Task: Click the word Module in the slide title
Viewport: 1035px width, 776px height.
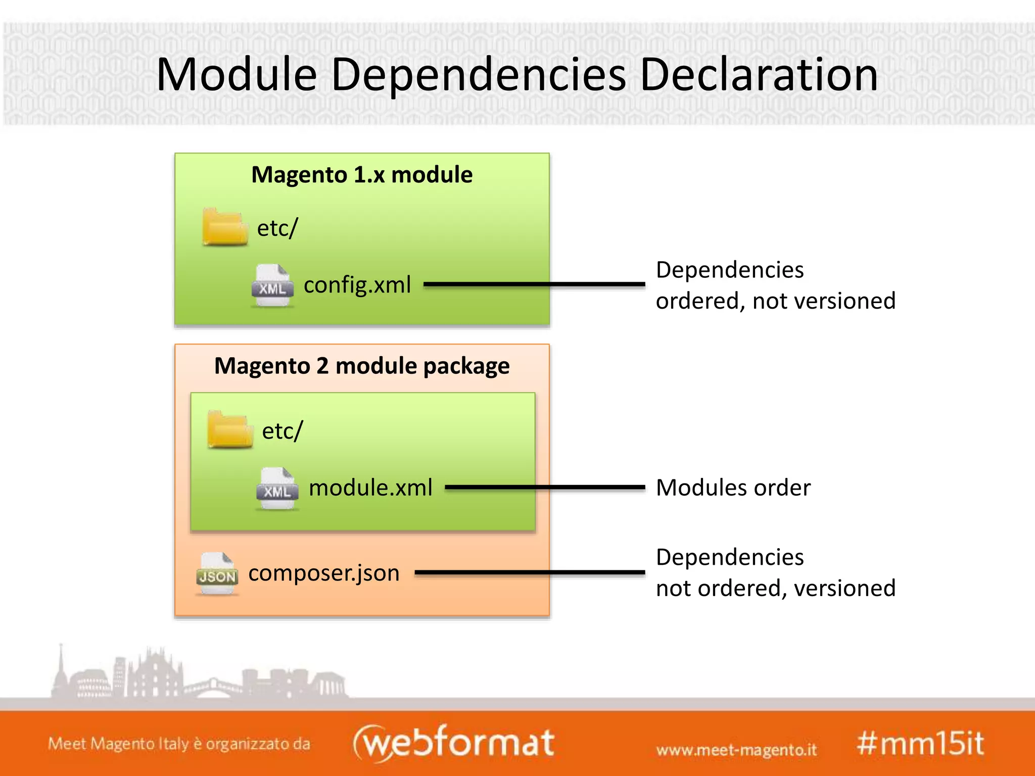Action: tap(237, 75)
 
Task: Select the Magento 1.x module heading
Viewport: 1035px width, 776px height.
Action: tap(362, 175)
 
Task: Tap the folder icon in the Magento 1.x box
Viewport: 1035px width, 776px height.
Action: tap(224, 227)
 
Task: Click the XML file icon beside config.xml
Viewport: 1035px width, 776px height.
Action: tap(272, 285)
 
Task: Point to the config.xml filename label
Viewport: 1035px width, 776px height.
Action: tap(357, 285)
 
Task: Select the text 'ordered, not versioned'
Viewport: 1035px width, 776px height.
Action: tap(775, 301)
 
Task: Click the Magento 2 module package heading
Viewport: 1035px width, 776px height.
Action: tap(362, 366)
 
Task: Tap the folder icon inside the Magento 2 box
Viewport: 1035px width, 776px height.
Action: tap(229, 430)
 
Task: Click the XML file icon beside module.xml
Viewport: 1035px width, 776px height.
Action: tap(277, 489)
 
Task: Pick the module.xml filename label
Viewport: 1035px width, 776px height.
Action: tap(370, 488)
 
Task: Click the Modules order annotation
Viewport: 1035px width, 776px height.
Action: tap(733, 488)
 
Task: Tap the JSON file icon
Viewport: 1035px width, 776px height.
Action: tap(217, 574)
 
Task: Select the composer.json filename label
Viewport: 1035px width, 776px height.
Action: tap(324, 573)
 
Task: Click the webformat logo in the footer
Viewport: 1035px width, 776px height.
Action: tap(453, 743)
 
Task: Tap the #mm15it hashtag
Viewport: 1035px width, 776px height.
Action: tap(920, 744)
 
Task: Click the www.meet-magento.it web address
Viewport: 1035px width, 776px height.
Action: tap(736, 750)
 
